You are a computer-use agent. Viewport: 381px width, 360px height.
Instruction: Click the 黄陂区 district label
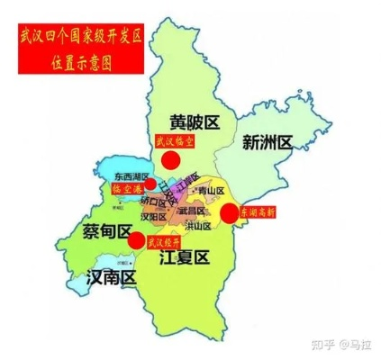click(x=201, y=121)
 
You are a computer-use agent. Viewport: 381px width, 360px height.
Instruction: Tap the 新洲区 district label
click(x=268, y=141)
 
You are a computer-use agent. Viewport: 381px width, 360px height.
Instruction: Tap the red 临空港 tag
click(x=125, y=190)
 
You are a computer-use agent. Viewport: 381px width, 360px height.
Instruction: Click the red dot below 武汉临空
click(x=170, y=160)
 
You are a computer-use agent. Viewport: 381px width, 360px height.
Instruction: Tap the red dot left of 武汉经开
click(x=135, y=240)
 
